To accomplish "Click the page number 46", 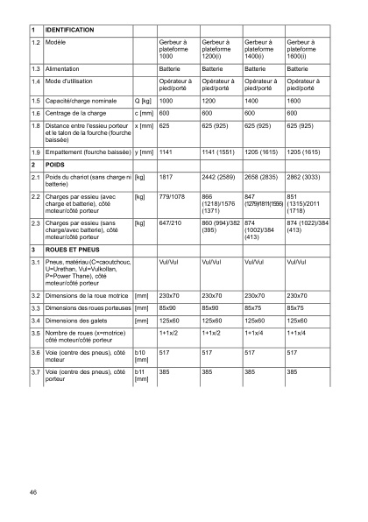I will point(32,494).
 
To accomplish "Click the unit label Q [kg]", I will point(143,102).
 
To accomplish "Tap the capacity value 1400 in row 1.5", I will point(255,102).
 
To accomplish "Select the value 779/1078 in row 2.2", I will point(173,197).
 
